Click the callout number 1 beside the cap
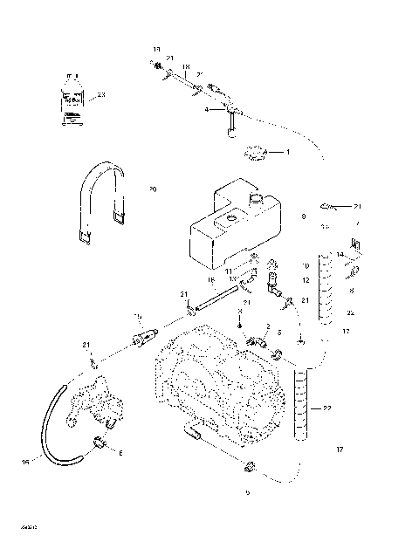(x=288, y=153)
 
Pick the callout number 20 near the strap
(x=152, y=188)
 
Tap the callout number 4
(x=206, y=110)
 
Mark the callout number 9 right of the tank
(x=303, y=215)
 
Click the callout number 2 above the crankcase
(x=254, y=326)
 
